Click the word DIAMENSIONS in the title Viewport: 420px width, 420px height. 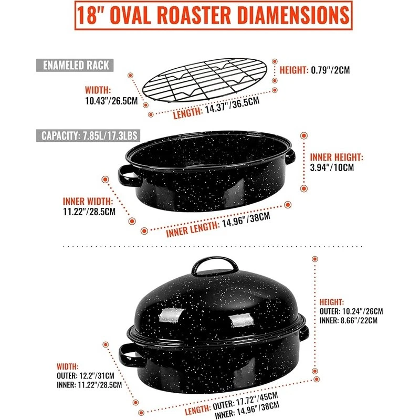[x=293, y=15]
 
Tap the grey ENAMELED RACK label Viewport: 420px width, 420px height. [x=75, y=65]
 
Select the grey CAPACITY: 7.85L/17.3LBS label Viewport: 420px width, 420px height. [x=88, y=135]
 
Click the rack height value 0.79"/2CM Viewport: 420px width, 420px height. [x=330, y=70]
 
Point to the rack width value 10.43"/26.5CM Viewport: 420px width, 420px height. [x=111, y=101]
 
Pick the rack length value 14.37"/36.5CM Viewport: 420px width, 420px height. [x=233, y=105]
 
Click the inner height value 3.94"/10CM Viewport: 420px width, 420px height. [x=332, y=167]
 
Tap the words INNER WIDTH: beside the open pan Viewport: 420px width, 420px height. [x=88, y=201]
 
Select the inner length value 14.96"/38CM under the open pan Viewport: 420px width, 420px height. [x=246, y=220]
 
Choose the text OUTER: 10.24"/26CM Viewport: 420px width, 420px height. [x=351, y=311]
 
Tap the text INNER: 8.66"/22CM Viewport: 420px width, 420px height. [x=349, y=320]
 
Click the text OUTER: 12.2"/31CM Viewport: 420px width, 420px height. [x=86, y=375]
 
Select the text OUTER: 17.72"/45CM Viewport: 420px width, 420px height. [x=245, y=401]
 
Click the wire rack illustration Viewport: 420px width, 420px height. [x=205, y=80]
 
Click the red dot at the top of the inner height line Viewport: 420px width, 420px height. [x=304, y=135]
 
